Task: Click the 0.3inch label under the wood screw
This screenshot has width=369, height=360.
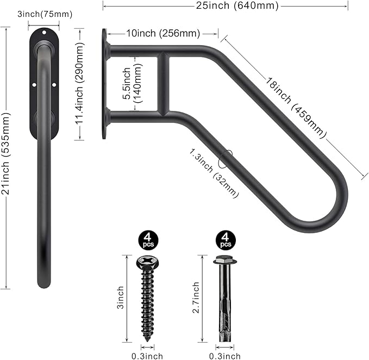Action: (147, 356)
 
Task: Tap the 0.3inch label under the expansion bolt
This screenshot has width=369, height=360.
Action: (224, 356)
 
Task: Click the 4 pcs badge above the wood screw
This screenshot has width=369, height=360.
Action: (147, 239)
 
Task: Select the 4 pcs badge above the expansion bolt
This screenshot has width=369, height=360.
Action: (224, 239)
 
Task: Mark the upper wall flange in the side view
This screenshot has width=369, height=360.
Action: (104, 52)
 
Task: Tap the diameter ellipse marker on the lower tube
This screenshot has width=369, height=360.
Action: (225, 158)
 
